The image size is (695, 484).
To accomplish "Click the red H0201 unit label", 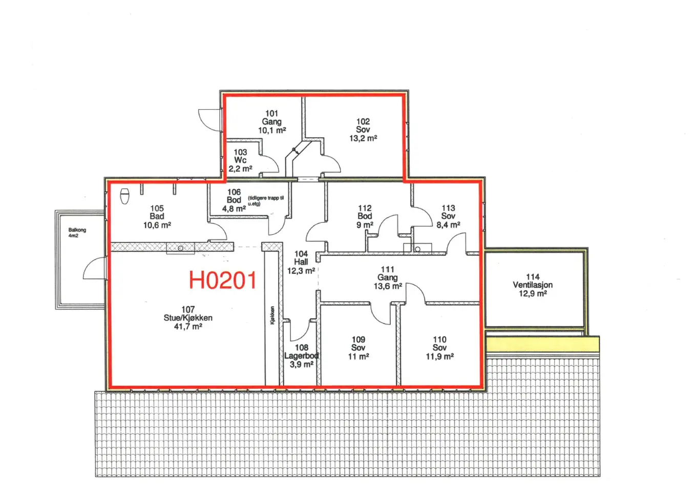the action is (223, 280).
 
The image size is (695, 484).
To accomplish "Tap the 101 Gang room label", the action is (272, 122).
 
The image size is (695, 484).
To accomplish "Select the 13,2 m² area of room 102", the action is (363, 138).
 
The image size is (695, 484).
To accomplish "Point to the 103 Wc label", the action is (240, 160).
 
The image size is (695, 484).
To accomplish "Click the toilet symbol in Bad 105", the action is (125, 196).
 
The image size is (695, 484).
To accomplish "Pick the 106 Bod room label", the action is (234, 200).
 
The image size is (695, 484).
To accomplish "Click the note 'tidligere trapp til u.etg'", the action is (266, 201).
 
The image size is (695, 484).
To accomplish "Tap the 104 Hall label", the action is (301, 262).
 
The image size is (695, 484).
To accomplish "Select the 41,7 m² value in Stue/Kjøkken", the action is (188, 326).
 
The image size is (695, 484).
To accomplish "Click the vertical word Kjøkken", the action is (272, 315).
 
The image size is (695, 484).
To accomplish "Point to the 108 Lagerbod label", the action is (301, 356).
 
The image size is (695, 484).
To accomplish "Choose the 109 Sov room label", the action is (359, 348).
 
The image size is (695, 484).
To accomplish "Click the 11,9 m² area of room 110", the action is (439, 356).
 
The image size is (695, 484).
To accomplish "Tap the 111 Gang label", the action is (388, 278).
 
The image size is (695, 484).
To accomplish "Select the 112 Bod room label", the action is (365, 216).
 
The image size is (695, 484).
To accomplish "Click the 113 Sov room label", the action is (448, 216).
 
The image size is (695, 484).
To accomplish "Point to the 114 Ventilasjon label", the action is (533, 285).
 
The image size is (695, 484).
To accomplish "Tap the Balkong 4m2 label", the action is (77, 233).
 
